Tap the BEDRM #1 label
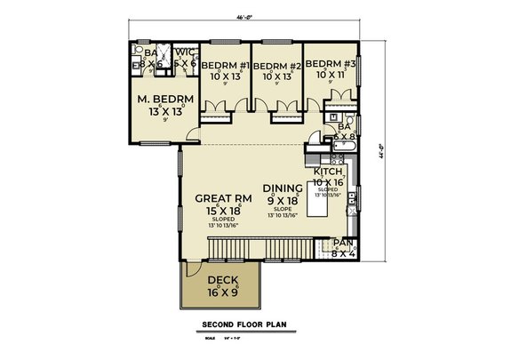pyautogui.click(x=223, y=66)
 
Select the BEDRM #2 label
pyautogui.click(x=275, y=66)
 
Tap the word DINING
pyautogui.click(x=283, y=188)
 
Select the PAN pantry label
pyautogui.click(x=342, y=243)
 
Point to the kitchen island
pyautogui.click(x=317, y=204)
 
